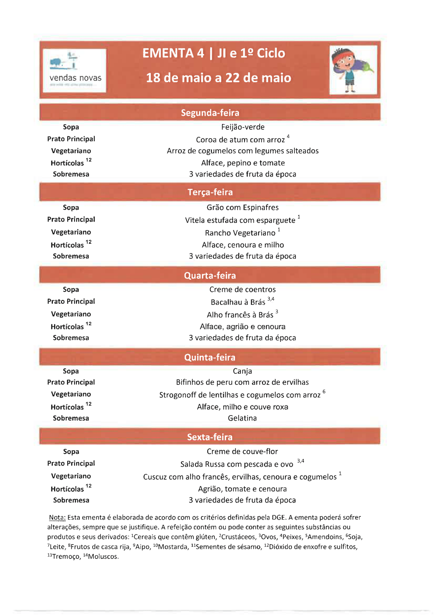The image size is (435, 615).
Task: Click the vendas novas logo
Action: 74,70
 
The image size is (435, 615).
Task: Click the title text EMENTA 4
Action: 173,53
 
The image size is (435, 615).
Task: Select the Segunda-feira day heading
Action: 210,113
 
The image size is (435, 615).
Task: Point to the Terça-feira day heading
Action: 210,192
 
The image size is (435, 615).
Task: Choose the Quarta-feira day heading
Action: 210,275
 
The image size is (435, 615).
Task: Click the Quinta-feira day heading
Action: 210,357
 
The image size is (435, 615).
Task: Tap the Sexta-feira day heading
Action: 210,437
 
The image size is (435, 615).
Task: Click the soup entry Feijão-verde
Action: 243,127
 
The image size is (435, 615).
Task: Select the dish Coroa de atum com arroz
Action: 240,140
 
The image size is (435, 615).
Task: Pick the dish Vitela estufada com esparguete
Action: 240,220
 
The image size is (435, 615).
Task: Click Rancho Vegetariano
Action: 240,233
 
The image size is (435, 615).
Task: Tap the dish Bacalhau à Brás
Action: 238,302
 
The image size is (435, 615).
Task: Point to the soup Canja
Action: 242,371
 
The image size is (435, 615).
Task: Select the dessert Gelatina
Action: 242,418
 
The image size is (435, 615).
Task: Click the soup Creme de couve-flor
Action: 242,451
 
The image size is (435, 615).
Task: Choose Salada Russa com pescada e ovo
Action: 237,464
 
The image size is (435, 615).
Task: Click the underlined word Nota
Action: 57,517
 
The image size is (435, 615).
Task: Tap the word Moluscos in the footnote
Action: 103,556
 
